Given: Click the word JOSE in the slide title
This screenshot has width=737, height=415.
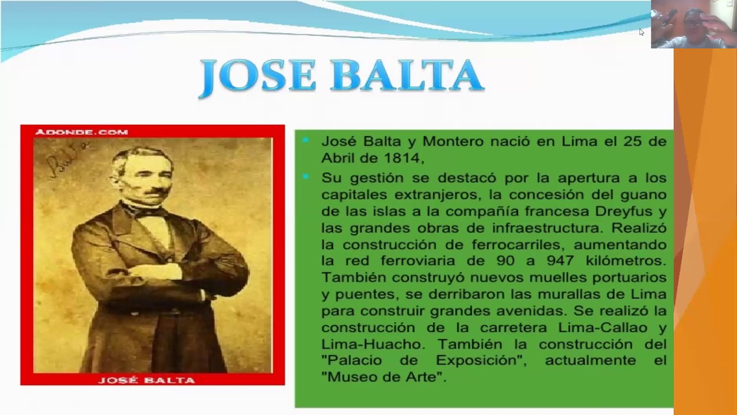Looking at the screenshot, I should [x=258, y=76].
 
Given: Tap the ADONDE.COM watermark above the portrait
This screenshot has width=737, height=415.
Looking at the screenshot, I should [x=81, y=132].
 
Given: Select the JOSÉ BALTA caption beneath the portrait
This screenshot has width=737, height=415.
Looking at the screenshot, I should [x=147, y=380].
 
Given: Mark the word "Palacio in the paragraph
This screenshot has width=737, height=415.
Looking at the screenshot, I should [x=354, y=361].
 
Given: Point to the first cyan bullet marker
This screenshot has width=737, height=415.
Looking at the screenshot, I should [x=306, y=140].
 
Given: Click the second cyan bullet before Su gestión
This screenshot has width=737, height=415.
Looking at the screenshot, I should [x=306, y=176].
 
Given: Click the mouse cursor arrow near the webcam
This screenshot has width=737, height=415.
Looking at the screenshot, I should [x=641, y=32].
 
